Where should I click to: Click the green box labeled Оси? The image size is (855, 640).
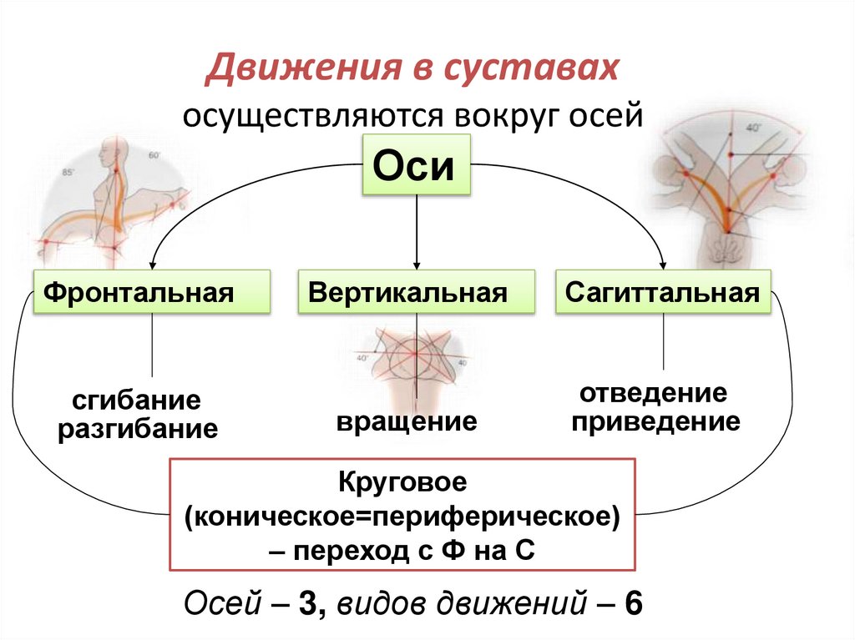[415, 167]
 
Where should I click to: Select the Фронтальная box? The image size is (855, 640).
[151, 292]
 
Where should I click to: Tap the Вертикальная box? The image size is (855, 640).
[416, 292]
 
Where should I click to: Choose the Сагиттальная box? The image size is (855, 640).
[663, 292]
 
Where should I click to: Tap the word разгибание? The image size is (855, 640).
[138, 430]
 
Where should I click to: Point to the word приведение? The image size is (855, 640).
[655, 421]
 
